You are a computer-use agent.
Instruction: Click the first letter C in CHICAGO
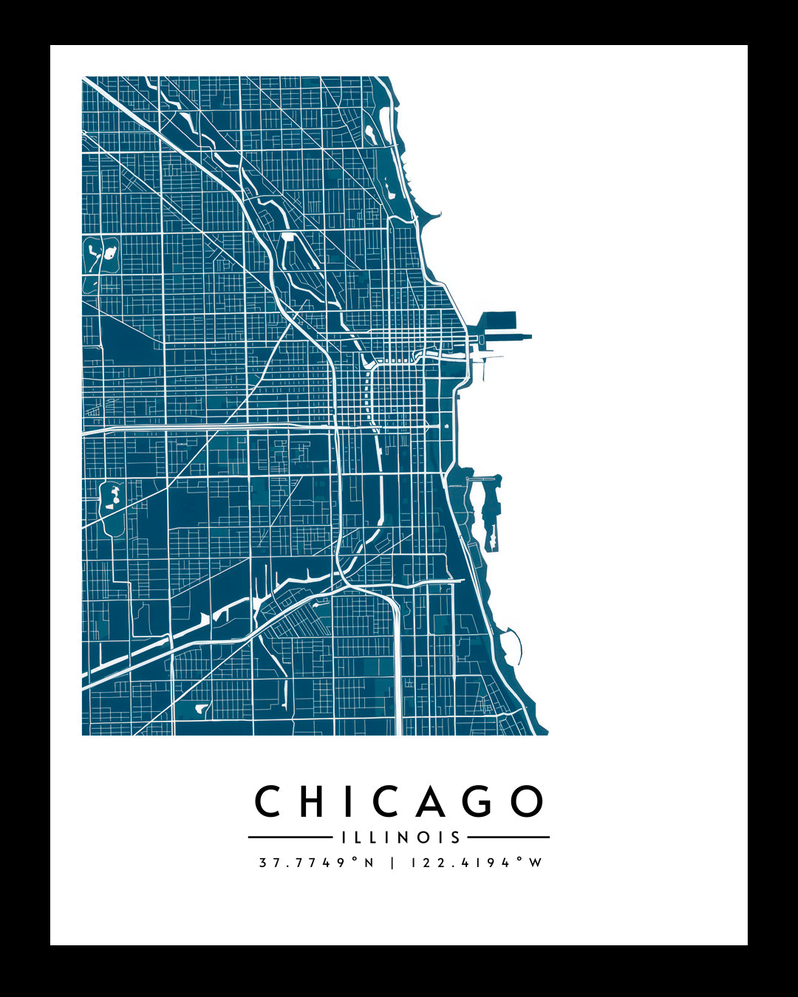[267, 801]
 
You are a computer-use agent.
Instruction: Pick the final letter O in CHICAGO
[528, 801]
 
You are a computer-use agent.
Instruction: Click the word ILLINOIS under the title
[401, 837]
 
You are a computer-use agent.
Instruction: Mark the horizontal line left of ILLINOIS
[290, 837]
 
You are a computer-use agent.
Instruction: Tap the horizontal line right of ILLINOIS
[509, 837]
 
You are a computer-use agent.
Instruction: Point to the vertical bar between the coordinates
[392, 863]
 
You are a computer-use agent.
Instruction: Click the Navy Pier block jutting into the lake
[499, 321]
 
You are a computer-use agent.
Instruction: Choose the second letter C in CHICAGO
[386, 801]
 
